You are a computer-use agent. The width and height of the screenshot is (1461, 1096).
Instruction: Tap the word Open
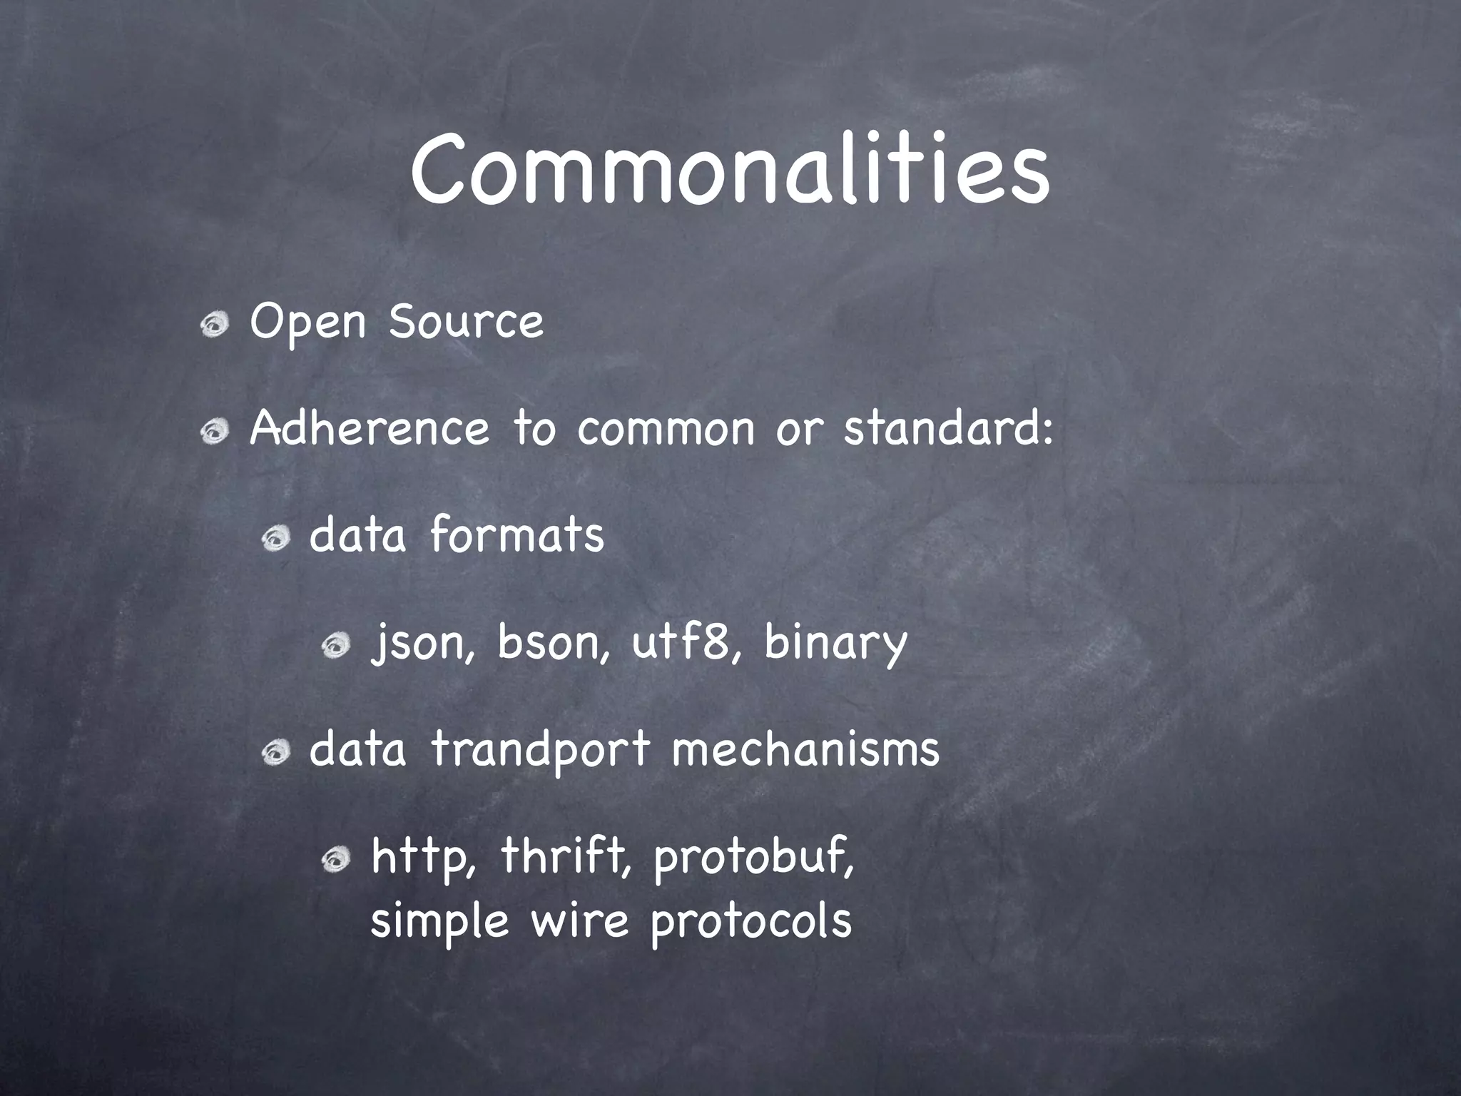[307, 323]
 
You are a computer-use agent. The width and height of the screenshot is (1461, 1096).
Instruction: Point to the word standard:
[948, 428]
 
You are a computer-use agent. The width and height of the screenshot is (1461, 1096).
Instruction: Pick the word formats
[516, 535]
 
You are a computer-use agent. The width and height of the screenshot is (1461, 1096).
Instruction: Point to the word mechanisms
[805, 749]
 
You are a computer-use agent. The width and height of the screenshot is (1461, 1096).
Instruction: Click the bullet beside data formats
[274, 539]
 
